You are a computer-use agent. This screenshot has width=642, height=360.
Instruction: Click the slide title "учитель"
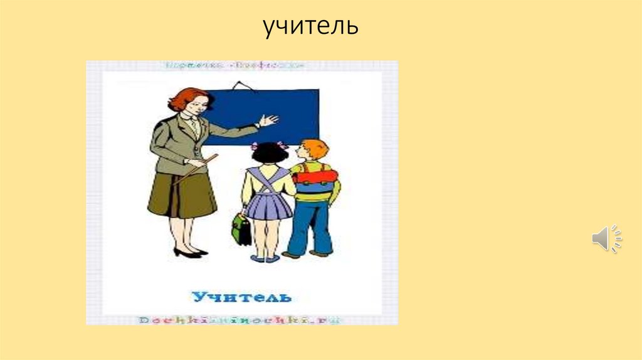(x=310, y=27)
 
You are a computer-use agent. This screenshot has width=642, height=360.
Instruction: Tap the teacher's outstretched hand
(x=268, y=120)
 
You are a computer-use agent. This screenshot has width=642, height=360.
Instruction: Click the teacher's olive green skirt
(x=182, y=194)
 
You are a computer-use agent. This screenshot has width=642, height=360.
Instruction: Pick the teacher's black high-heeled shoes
(x=188, y=253)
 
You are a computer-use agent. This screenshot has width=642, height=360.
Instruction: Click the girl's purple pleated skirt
(x=268, y=204)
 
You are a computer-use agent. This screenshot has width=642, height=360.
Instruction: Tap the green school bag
(x=241, y=229)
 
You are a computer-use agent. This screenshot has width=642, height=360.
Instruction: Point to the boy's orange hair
(x=315, y=148)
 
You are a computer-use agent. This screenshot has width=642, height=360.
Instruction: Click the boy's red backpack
(x=315, y=177)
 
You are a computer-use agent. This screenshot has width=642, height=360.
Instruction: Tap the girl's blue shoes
(x=265, y=258)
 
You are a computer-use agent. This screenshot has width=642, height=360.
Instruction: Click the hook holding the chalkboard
(x=239, y=85)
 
